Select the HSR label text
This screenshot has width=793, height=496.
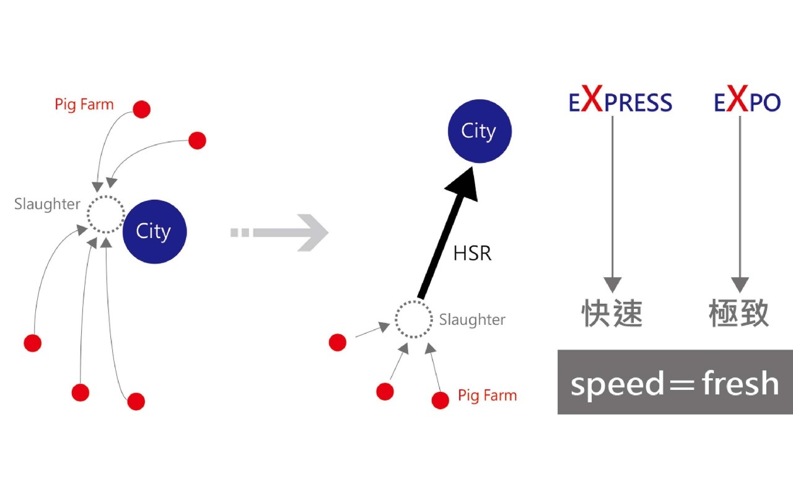(x=472, y=253)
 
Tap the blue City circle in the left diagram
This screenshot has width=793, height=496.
(x=154, y=231)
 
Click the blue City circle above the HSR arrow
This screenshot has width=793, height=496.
(x=479, y=131)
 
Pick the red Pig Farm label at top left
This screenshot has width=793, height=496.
(x=84, y=104)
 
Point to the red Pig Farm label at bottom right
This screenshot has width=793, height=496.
(x=487, y=395)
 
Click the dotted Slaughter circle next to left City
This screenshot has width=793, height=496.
(x=106, y=215)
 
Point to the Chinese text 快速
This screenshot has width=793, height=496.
(x=612, y=314)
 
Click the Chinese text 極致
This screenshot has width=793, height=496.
(x=739, y=314)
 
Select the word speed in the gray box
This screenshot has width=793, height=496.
(x=617, y=384)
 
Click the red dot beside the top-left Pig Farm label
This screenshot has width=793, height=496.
(x=142, y=109)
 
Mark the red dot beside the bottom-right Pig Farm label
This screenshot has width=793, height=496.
(x=440, y=400)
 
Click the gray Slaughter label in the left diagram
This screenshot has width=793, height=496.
(x=47, y=204)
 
